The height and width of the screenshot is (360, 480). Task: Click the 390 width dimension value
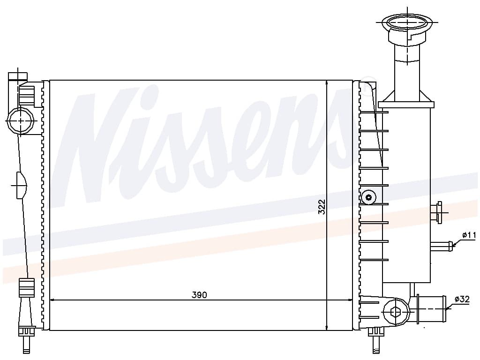click(x=199, y=295)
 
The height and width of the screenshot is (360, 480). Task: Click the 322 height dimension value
click(x=322, y=207)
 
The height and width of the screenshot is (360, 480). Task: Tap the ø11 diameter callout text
click(x=469, y=235)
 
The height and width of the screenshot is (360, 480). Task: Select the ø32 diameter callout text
click(x=462, y=299)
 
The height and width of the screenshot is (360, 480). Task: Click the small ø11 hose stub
click(x=441, y=246)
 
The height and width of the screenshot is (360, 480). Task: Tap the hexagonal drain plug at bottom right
click(x=396, y=311)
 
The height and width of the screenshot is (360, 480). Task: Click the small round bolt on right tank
click(x=368, y=197)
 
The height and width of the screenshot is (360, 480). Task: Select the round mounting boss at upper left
click(x=20, y=120)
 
